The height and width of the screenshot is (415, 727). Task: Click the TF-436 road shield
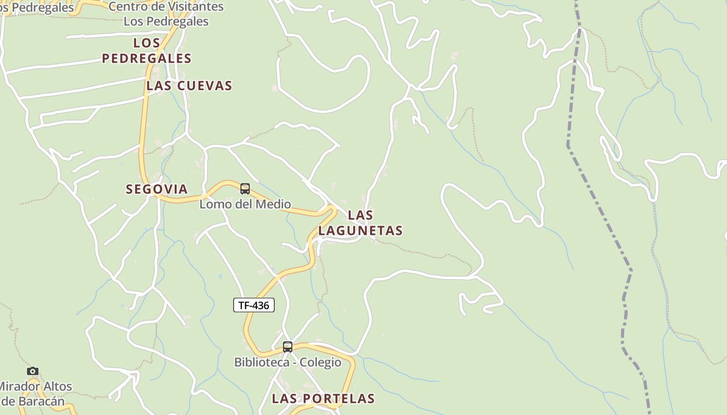253,306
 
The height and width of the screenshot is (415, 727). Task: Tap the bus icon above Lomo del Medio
245,189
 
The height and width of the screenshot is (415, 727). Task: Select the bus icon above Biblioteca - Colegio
288,347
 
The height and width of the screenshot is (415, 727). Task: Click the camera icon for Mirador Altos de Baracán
33,371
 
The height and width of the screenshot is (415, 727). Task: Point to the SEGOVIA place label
157,189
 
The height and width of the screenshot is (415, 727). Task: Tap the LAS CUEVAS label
189,86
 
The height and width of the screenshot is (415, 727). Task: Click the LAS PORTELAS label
323,399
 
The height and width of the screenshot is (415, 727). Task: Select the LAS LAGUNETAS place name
360,223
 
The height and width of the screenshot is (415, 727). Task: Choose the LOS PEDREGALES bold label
146,51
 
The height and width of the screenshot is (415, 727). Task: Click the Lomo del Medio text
245,204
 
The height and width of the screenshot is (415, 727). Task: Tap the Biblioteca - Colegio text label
288,362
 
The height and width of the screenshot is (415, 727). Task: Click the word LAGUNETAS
360,231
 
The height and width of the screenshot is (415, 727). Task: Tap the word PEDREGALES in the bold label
146,59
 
